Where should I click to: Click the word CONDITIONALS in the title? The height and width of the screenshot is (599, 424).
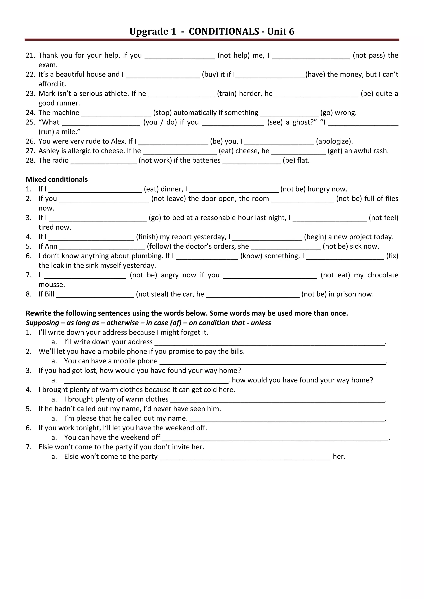click(x=224, y=32)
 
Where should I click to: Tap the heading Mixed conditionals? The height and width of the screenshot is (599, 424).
click(x=57, y=180)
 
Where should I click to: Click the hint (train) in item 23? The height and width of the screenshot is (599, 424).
click(x=227, y=93)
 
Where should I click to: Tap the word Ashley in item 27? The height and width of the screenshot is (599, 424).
click(x=49, y=151)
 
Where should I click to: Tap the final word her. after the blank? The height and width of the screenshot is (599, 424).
click(x=339, y=456)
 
